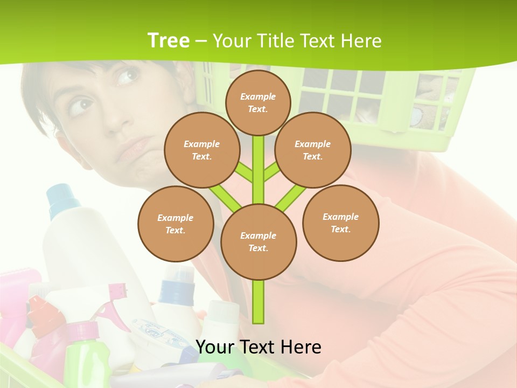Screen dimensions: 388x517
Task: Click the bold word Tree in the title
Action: coord(169,41)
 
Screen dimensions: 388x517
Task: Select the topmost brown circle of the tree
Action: coord(258,102)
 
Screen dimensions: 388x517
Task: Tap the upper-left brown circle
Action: coord(202,150)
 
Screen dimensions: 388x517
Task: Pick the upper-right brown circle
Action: coord(313,150)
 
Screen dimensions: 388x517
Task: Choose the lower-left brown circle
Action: coord(176,224)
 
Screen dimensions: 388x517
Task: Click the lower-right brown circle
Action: coord(340,223)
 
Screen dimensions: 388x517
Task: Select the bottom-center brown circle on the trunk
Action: coord(258,241)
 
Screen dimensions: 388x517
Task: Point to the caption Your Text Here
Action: coord(258,347)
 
